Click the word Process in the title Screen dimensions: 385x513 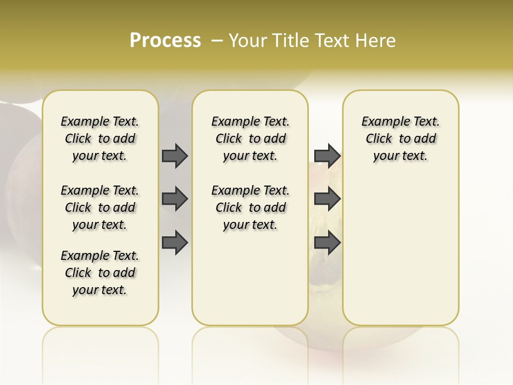pyautogui.click(x=165, y=40)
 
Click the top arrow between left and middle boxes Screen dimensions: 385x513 pyautogui.click(x=175, y=156)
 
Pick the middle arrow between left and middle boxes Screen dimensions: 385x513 pyautogui.click(x=175, y=199)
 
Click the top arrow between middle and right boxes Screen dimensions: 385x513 pyautogui.click(x=327, y=156)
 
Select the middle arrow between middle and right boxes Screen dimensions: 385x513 pyautogui.click(x=327, y=199)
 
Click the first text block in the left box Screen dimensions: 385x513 pyautogui.click(x=100, y=138)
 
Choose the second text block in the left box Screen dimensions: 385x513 pyautogui.click(x=100, y=207)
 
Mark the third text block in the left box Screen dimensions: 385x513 pyautogui.click(x=100, y=273)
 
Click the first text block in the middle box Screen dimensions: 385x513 pyautogui.click(x=250, y=138)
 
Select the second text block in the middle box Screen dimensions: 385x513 pyautogui.click(x=250, y=207)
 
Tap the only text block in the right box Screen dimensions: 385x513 pyautogui.click(x=401, y=138)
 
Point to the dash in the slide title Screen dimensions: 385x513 pyautogui.click(x=217, y=41)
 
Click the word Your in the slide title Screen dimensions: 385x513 pyautogui.click(x=248, y=41)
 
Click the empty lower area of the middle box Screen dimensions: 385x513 pyautogui.click(x=250, y=278)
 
